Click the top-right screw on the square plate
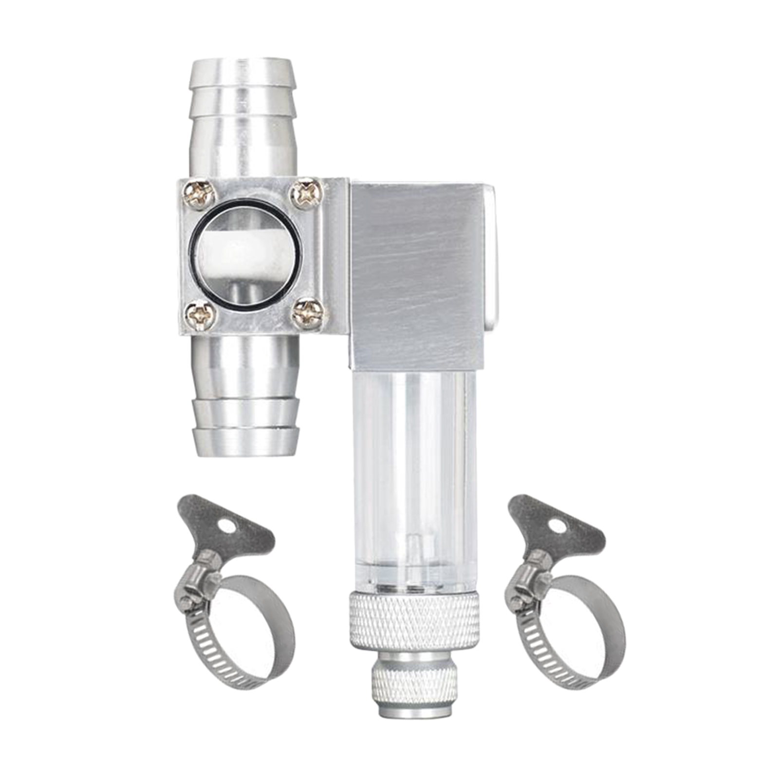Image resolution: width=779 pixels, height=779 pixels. click(x=306, y=194)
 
